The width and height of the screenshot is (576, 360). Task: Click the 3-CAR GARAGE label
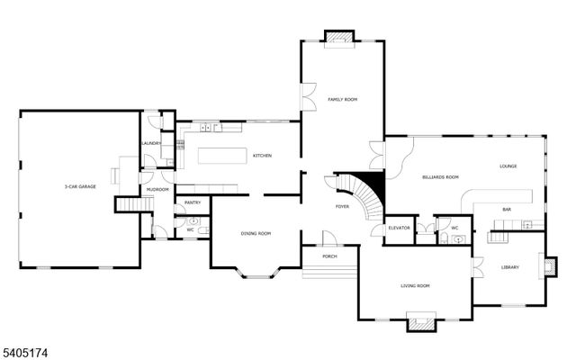point(80,186)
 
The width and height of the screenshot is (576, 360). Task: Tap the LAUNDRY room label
point(150,143)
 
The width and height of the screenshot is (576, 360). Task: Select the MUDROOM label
point(158,189)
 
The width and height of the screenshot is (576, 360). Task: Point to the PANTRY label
point(192,203)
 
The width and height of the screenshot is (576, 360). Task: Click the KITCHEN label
point(262,156)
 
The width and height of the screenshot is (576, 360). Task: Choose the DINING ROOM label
point(256,233)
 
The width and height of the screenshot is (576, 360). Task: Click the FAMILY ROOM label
point(342,99)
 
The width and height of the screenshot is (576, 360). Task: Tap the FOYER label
point(342,206)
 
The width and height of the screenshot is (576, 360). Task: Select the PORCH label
point(330,256)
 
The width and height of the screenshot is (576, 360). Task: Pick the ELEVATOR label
point(399,228)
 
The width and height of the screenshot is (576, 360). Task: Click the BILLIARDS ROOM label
point(440,177)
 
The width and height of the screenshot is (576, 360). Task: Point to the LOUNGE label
point(508,166)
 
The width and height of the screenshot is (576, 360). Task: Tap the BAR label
point(507,210)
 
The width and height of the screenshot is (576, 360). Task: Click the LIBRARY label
point(510,267)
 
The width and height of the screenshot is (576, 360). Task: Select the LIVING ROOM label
point(415,285)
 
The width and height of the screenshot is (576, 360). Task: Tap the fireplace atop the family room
point(338,37)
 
